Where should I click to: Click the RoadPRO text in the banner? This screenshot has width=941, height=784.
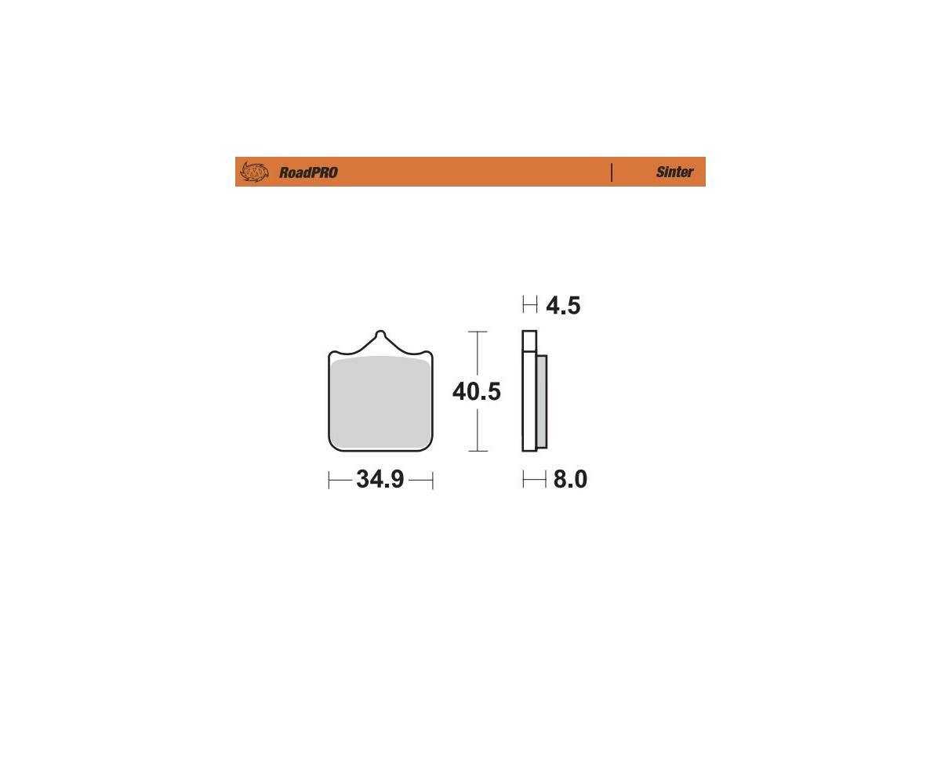[308, 172]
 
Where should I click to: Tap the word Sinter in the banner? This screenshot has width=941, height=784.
[674, 172]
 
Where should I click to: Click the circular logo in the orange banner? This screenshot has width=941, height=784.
[254, 172]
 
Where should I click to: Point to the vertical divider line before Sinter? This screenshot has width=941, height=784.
[612, 172]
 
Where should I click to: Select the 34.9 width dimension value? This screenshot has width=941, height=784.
[380, 479]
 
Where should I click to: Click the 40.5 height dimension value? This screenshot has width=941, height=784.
[476, 391]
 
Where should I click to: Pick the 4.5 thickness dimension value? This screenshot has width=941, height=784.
[563, 306]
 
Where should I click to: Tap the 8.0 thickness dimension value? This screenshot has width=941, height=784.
[570, 479]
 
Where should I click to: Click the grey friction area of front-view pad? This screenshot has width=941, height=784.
[380, 402]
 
